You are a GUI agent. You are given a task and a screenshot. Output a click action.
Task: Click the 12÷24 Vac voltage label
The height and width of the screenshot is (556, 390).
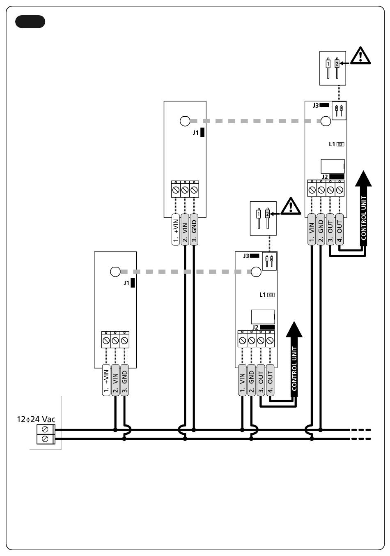coord(36,419)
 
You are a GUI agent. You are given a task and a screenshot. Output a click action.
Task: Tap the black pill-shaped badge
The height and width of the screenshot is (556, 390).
coord(30,22)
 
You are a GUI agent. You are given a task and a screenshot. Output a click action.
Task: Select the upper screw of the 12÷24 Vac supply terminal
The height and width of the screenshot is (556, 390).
coord(45,429)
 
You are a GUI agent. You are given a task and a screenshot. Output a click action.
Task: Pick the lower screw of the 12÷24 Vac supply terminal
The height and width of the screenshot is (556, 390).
coord(45,439)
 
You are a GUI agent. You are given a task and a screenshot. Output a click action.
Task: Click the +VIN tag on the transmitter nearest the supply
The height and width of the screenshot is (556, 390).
coord(106,380)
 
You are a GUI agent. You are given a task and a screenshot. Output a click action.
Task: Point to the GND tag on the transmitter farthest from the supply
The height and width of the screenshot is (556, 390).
coord(194,229)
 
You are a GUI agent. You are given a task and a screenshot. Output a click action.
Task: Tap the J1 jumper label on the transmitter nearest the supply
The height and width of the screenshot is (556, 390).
coord(126,283)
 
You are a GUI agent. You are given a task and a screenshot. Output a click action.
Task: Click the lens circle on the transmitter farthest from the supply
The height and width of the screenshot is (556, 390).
coord(185,121)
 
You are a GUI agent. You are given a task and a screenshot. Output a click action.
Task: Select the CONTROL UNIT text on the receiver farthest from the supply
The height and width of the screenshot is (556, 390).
coord(364,218)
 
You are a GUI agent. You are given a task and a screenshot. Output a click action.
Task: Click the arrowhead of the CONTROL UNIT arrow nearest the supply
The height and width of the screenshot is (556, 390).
coord(294,330)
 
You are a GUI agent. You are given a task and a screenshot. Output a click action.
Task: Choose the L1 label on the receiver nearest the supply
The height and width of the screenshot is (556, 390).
coord(262,295)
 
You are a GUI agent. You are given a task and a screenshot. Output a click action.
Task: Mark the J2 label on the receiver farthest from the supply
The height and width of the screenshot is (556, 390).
coord(325,177)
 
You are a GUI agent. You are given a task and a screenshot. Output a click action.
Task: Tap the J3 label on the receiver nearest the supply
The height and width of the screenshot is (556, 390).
coord(246,256)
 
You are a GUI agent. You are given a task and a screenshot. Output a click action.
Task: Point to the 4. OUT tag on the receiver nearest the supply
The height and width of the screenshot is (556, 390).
coord(270,380)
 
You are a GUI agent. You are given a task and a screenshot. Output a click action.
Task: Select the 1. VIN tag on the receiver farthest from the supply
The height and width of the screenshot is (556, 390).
coord(312,229)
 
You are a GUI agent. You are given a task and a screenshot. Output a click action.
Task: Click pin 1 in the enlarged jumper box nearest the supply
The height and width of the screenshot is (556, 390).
coord(259,219)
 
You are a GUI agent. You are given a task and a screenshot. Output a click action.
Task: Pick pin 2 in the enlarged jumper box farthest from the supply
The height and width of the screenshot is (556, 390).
coord(337,68)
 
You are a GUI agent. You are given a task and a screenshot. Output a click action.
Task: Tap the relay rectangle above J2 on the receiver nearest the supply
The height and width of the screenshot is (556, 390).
coord(263,317)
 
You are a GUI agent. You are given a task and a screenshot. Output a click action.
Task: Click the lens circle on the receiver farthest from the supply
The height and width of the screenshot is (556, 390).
coord(326,121)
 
